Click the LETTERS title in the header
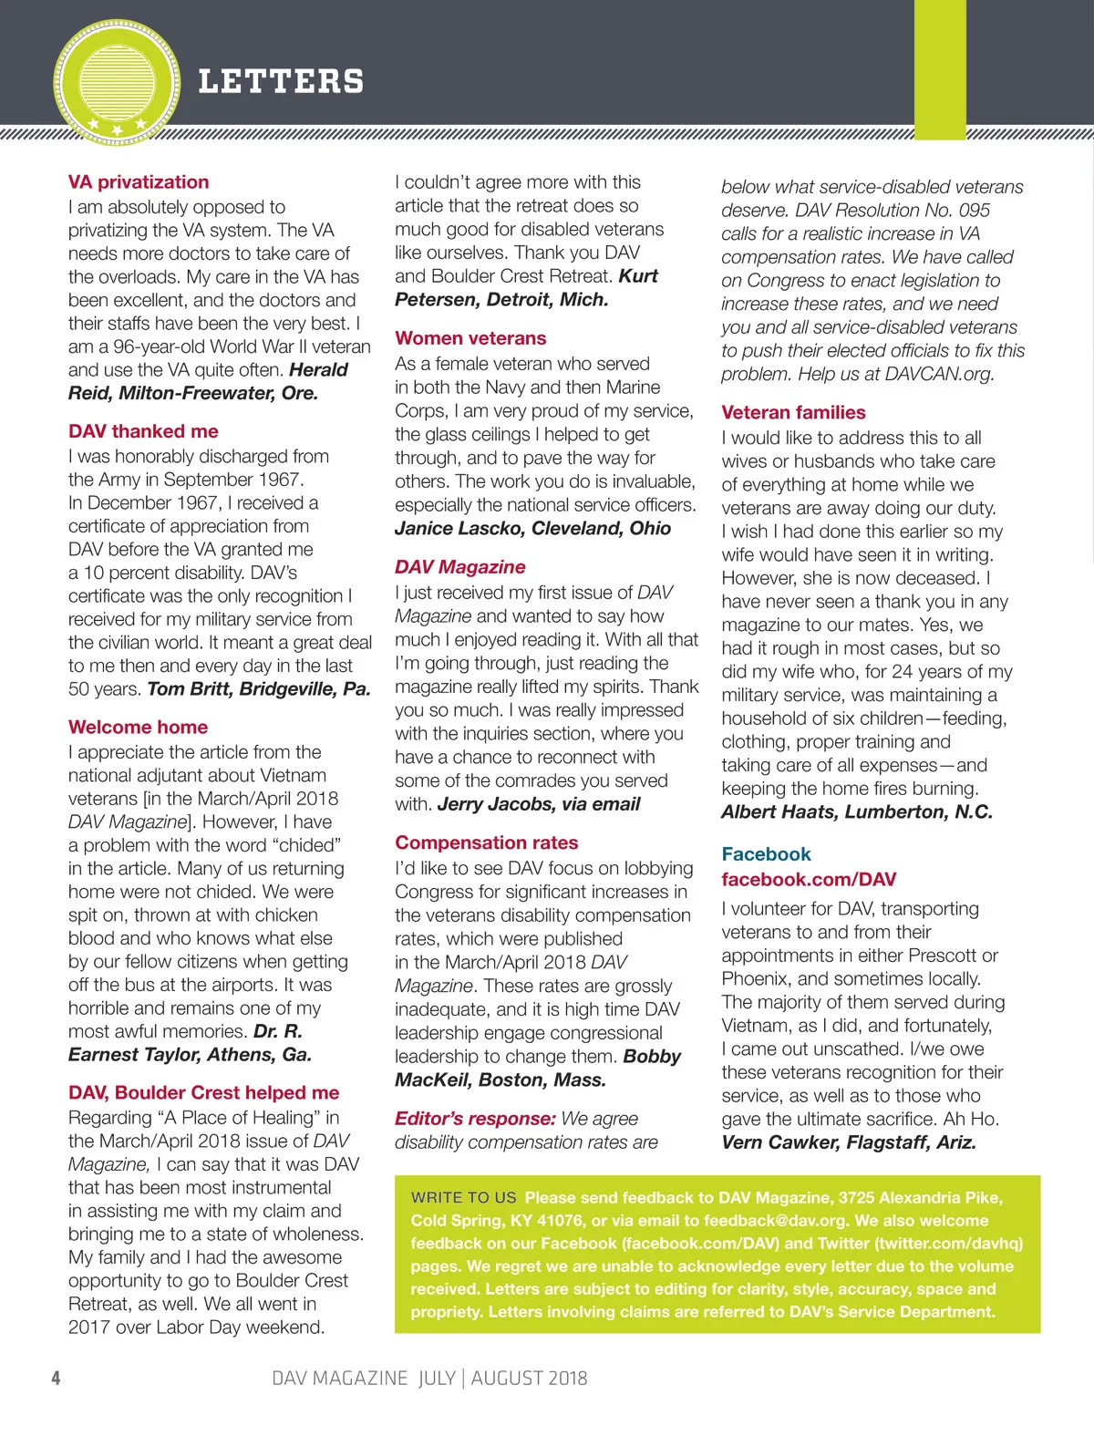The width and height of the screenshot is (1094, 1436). point(281,81)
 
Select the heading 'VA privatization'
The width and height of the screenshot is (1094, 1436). point(139,181)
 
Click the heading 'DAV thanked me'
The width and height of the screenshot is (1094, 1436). point(143,431)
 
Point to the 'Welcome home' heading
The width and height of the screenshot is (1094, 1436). point(138,727)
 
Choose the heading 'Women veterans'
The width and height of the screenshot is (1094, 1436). point(470,338)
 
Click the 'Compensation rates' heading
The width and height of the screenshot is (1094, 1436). point(486,842)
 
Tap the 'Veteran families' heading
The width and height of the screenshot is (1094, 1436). point(793,412)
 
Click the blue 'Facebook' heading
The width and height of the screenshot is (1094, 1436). point(766,854)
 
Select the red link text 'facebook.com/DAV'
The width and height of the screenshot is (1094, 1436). point(809,880)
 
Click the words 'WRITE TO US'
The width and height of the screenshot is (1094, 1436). point(463,1197)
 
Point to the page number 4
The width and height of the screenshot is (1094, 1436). point(56,1378)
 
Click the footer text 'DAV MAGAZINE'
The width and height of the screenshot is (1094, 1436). point(339,1378)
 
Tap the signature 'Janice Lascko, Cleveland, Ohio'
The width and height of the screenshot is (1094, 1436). point(532,529)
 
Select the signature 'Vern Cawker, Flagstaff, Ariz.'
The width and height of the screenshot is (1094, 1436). point(848,1142)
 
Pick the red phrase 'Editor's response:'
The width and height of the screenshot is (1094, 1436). point(475,1119)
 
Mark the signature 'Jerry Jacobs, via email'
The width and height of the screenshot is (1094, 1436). point(539,804)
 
